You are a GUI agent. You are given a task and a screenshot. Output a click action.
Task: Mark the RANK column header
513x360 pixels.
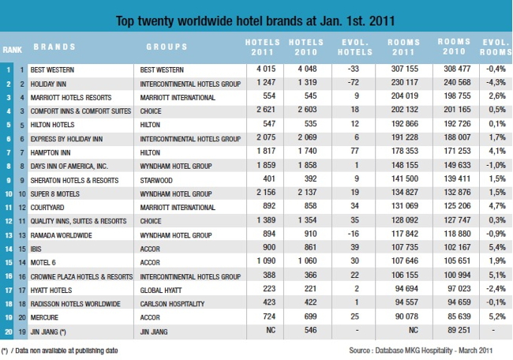pos(12,49)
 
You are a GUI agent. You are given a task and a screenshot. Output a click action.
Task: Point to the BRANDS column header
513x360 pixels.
pos(55,47)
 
